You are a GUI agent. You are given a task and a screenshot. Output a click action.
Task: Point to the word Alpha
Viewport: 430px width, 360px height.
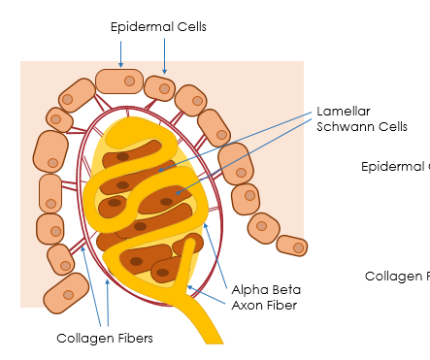[250, 289]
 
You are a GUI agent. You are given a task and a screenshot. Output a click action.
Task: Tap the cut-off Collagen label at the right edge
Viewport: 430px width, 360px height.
[397, 277]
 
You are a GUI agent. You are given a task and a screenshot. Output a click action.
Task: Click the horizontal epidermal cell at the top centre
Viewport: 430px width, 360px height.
[119, 81]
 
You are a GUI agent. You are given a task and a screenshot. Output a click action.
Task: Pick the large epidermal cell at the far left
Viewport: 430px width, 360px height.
[50, 150]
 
